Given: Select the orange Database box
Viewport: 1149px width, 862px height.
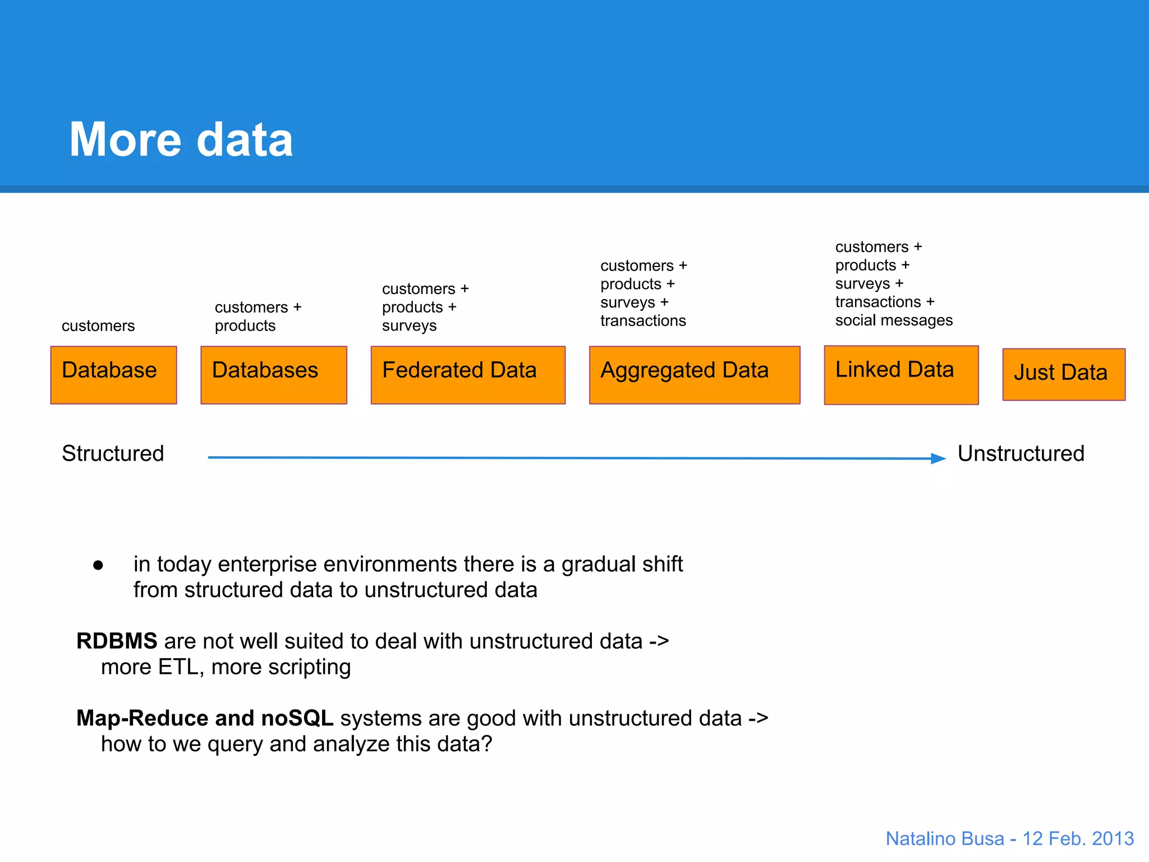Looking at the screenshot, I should coord(113,374).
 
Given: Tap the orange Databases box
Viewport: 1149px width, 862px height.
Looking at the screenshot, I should coord(273,374).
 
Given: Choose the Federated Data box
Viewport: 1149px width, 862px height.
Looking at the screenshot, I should coord(467,374).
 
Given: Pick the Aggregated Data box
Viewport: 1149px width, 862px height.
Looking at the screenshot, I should coord(694,374).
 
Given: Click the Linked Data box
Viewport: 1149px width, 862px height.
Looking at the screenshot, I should coord(900,374).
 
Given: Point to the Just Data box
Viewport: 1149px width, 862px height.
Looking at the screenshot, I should coord(1063,374).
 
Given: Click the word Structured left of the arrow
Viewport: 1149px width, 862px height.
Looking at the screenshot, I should coord(113,453).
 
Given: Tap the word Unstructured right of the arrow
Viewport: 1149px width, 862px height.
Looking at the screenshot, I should coord(1021,453).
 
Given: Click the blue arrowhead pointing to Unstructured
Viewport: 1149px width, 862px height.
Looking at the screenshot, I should coord(938,458).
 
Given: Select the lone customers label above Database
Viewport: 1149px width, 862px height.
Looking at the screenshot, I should coord(98,325).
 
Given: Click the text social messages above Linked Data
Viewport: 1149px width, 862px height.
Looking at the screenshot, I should coord(893,320).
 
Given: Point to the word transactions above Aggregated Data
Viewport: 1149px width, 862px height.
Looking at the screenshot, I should coord(643,320).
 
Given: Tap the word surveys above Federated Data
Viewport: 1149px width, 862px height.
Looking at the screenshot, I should coord(409,326).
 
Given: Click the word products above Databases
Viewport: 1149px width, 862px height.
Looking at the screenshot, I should coord(245,326).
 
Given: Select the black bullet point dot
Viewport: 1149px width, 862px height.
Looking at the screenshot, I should coord(98,565).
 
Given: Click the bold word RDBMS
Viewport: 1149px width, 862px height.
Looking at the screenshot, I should coord(117,641).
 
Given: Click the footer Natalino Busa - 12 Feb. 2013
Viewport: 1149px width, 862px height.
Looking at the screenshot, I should coord(1009,838).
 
